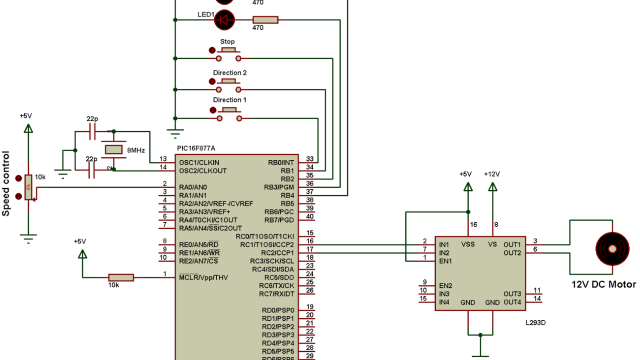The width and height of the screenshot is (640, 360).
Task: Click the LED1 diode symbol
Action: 224,19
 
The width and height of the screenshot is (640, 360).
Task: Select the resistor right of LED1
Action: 265,19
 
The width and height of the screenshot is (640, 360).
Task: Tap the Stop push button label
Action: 227,42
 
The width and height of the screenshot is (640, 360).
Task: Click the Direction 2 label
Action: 229,73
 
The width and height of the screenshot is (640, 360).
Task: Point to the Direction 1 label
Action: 229,100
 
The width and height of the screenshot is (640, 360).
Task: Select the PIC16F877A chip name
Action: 195,147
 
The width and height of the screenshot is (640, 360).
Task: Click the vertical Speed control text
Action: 8,182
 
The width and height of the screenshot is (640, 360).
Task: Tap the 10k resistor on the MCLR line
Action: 121,277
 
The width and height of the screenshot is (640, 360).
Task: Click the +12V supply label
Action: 492,174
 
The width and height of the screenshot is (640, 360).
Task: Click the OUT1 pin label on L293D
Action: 512,243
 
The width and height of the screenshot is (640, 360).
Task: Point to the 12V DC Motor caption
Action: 603,285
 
